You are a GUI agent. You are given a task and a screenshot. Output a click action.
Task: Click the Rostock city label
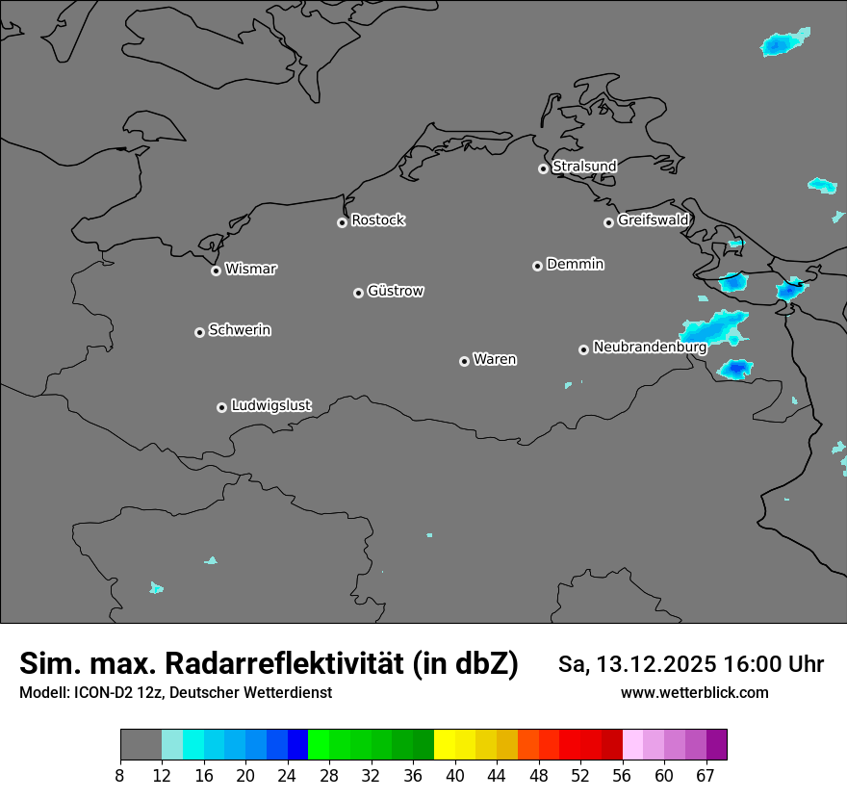pyautogui.click(x=377, y=220)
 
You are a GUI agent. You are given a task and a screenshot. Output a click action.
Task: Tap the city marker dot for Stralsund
pyautogui.click(x=543, y=168)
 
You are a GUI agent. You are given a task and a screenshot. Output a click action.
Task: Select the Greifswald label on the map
pyautogui.click(x=653, y=220)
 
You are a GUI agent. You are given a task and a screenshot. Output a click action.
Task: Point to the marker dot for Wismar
pyautogui.click(x=216, y=271)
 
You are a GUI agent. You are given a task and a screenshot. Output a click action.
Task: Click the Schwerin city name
pyautogui.click(x=240, y=330)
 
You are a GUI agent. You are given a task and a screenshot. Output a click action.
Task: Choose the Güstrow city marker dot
pyautogui.click(x=358, y=293)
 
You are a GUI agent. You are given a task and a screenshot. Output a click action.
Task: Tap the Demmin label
pyautogui.click(x=575, y=264)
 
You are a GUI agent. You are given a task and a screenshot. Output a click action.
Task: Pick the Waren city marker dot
pyautogui.click(x=464, y=361)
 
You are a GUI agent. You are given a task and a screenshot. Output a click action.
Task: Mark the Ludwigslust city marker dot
pyautogui.click(x=221, y=407)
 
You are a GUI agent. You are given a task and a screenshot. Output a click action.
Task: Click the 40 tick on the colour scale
pyautogui.click(x=455, y=776)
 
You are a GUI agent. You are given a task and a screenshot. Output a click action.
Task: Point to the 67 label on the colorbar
pyautogui.click(x=706, y=776)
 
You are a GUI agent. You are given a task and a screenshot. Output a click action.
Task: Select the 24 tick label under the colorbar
pyautogui.click(x=287, y=776)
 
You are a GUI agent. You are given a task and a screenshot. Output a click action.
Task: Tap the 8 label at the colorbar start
pyautogui.click(x=120, y=776)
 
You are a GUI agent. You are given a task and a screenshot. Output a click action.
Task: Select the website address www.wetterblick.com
pyautogui.click(x=694, y=693)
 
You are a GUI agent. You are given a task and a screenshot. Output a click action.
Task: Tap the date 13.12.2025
pyautogui.click(x=655, y=664)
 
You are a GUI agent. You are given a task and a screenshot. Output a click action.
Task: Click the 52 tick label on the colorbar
pyautogui.click(x=581, y=776)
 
